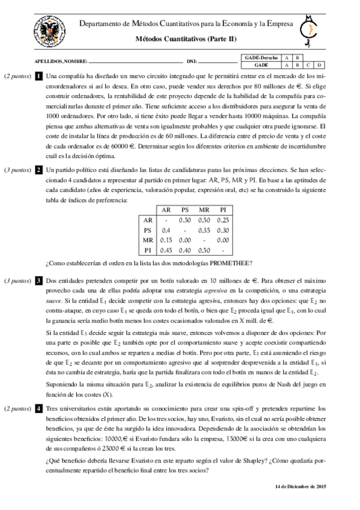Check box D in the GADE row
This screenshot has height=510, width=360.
(319, 64)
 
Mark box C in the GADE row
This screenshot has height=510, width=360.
(308, 64)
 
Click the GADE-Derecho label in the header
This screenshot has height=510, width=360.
(261, 57)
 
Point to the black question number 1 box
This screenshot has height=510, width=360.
(38, 76)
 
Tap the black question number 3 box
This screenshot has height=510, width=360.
(38, 280)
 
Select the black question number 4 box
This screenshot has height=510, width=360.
(38, 408)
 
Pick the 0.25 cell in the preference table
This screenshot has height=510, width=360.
(222, 220)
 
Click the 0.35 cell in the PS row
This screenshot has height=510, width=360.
(203, 230)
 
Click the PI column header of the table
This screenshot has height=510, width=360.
(222, 209)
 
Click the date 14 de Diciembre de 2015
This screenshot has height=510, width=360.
(300, 486)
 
